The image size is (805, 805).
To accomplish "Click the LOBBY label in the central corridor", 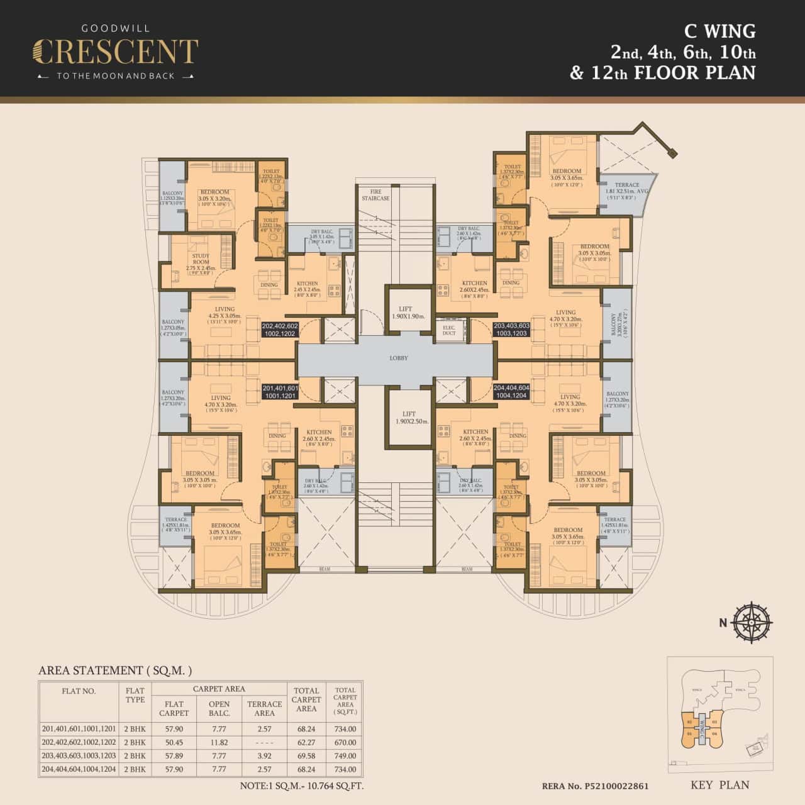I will click(x=398, y=358).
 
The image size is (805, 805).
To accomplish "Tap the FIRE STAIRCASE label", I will click(x=375, y=194).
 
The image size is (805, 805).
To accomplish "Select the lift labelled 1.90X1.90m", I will click(x=405, y=313).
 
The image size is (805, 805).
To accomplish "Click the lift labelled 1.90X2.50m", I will click(x=405, y=418).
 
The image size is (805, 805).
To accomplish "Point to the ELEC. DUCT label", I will click(x=449, y=330).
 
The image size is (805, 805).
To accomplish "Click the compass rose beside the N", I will click(x=753, y=622).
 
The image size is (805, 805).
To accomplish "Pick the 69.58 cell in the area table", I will click(x=306, y=756).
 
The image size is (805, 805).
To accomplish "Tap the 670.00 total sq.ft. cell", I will click(x=345, y=743).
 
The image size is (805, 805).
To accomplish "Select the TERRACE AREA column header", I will click(x=264, y=708).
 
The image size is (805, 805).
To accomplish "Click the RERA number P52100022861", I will click(x=595, y=786).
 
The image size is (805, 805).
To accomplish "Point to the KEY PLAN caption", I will click(x=719, y=785).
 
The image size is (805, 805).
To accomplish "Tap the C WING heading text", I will click(x=719, y=31).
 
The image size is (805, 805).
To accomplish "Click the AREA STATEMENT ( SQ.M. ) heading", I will click(x=115, y=670).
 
